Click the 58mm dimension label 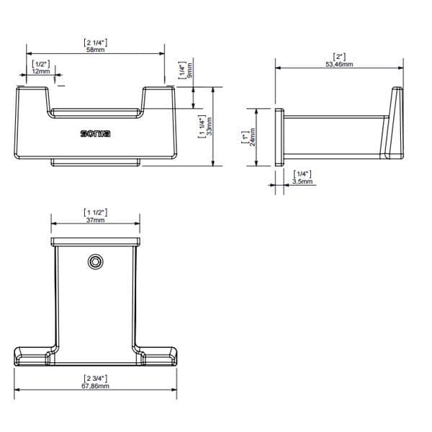pos(95,50)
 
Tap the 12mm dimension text pos(41,71)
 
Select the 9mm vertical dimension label pos(189,73)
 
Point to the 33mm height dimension pos(210,126)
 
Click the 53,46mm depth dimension pos(338,65)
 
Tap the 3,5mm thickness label pos(303,182)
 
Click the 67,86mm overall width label pos(95,386)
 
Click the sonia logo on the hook pos(95,134)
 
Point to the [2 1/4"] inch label pos(95,42)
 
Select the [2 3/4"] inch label pos(95,378)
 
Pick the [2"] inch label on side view pos(338,57)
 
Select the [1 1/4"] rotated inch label pos(201,126)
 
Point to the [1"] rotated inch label pos(245,137)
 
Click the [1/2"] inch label pos(41,63)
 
